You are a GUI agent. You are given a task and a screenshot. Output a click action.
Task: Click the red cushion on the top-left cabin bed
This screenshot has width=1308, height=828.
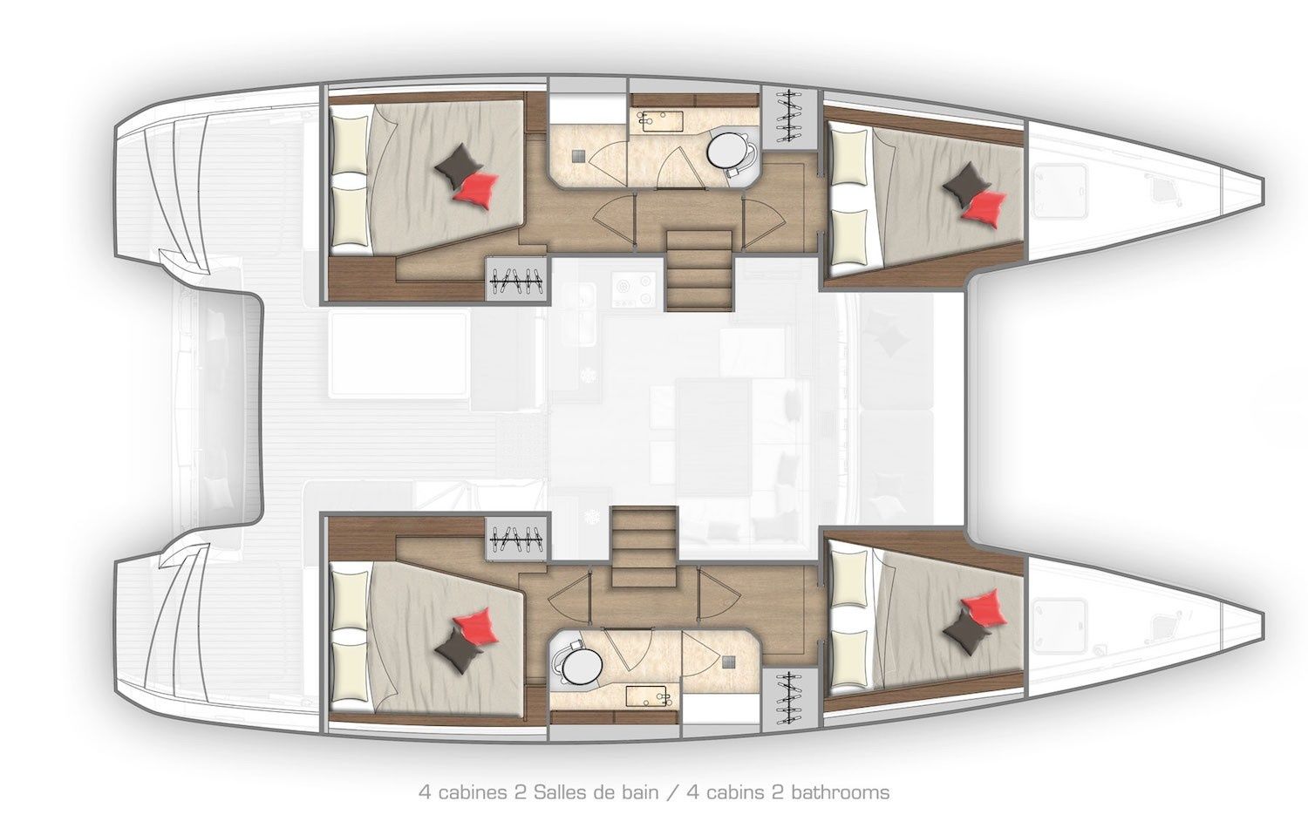tap(476, 189)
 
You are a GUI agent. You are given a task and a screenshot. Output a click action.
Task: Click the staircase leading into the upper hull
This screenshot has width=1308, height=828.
tap(698, 270)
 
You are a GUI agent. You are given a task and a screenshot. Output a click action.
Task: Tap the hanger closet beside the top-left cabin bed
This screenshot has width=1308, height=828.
tap(516, 281)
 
